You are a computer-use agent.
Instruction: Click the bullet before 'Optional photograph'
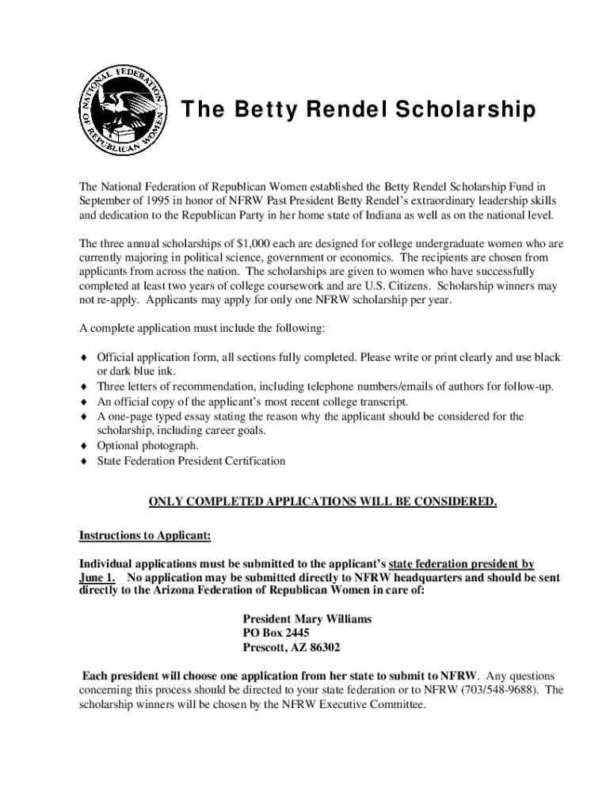[x=83, y=446]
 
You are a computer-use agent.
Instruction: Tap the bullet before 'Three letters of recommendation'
[x=83, y=387]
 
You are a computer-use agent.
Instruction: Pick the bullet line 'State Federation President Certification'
[x=191, y=460]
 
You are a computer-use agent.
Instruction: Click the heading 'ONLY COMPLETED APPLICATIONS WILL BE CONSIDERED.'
[x=323, y=502]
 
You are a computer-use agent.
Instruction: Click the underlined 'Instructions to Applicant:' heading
[x=145, y=535]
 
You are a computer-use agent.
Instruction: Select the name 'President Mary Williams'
[x=307, y=619]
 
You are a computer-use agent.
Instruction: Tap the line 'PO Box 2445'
[x=276, y=633]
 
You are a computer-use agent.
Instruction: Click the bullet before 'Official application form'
[x=83, y=358]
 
